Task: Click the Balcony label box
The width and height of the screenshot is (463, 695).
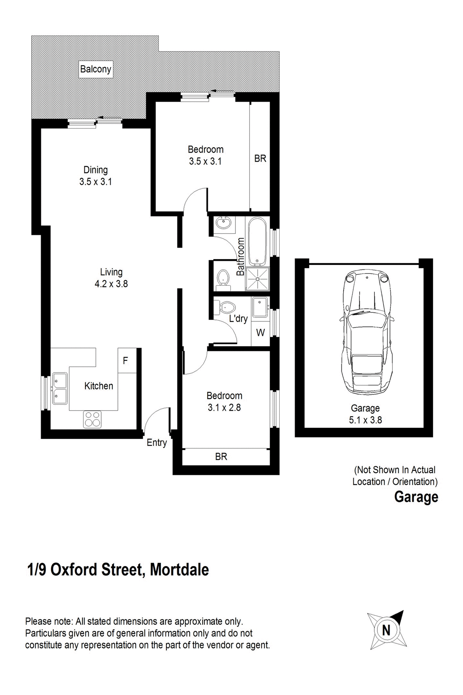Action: coord(95,69)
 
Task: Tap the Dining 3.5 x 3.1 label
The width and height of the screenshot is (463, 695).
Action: coord(95,176)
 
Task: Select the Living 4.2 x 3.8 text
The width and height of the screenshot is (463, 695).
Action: coord(111,278)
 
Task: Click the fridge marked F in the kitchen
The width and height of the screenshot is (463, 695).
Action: coord(126,361)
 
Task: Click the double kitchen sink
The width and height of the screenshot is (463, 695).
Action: coord(60,388)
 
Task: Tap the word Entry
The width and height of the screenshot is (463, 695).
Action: coord(157,442)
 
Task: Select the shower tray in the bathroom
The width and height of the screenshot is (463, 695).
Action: coord(258,279)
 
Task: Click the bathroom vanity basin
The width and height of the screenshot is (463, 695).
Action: coord(223,224)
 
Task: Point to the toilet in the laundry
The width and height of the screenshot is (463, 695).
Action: coord(226,307)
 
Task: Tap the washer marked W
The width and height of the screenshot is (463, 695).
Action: coord(260,332)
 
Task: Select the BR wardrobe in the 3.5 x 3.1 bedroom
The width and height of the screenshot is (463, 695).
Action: coord(260,158)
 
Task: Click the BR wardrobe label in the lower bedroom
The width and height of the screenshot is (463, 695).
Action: coord(221,456)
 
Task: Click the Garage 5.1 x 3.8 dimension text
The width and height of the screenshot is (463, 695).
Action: coord(365,414)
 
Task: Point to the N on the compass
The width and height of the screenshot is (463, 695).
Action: coord(386,630)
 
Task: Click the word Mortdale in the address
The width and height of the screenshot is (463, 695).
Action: coord(179,569)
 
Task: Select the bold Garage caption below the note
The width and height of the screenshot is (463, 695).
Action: coord(416,497)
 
